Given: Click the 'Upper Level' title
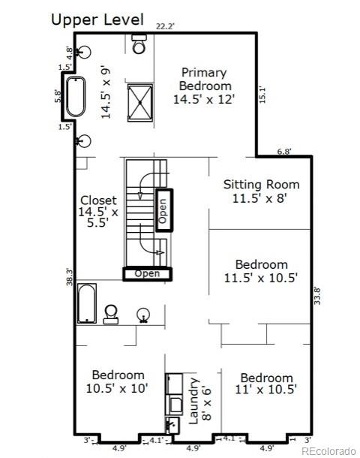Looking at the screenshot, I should [x=95, y=19].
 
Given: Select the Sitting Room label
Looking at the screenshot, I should [x=262, y=191].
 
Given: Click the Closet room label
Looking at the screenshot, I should [x=99, y=212].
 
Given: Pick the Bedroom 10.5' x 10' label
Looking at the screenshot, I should [x=118, y=381].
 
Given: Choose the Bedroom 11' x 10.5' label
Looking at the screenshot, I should [x=266, y=383].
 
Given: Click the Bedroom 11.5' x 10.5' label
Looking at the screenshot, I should [x=262, y=270].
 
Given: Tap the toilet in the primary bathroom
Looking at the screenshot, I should [x=139, y=47].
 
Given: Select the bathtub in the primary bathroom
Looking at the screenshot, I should [x=76, y=96].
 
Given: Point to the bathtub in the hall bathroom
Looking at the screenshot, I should [x=87, y=303].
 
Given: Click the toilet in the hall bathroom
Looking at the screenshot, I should [x=111, y=313].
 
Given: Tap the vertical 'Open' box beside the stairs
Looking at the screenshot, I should [x=163, y=209].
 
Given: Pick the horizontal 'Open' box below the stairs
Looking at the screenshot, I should [x=147, y=274].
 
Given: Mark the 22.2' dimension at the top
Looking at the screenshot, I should [x=165, y=26].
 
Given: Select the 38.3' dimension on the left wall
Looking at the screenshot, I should [x=69, y=278].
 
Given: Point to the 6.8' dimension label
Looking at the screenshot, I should [x=284, y=152].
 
